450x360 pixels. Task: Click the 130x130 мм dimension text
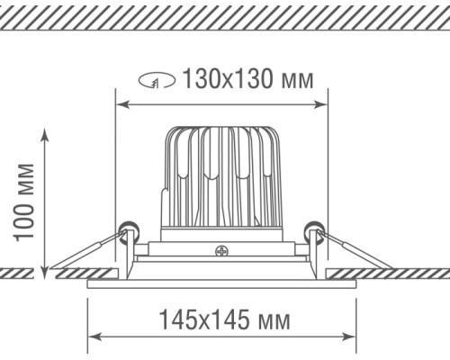coord(248,79)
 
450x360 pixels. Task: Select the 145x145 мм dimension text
coord(224,319)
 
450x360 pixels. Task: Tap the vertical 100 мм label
coord(24,202)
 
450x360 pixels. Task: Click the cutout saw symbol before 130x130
coord(157,80)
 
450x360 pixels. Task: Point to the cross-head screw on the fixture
coord(221,251)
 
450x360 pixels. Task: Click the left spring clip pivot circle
coord(128,230)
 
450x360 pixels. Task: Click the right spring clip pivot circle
coord(314,230)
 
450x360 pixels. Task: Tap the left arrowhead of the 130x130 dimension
coord(122,104)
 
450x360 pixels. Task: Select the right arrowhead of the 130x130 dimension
coord(320,104)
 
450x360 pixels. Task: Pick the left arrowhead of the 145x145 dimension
coord(94,337)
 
